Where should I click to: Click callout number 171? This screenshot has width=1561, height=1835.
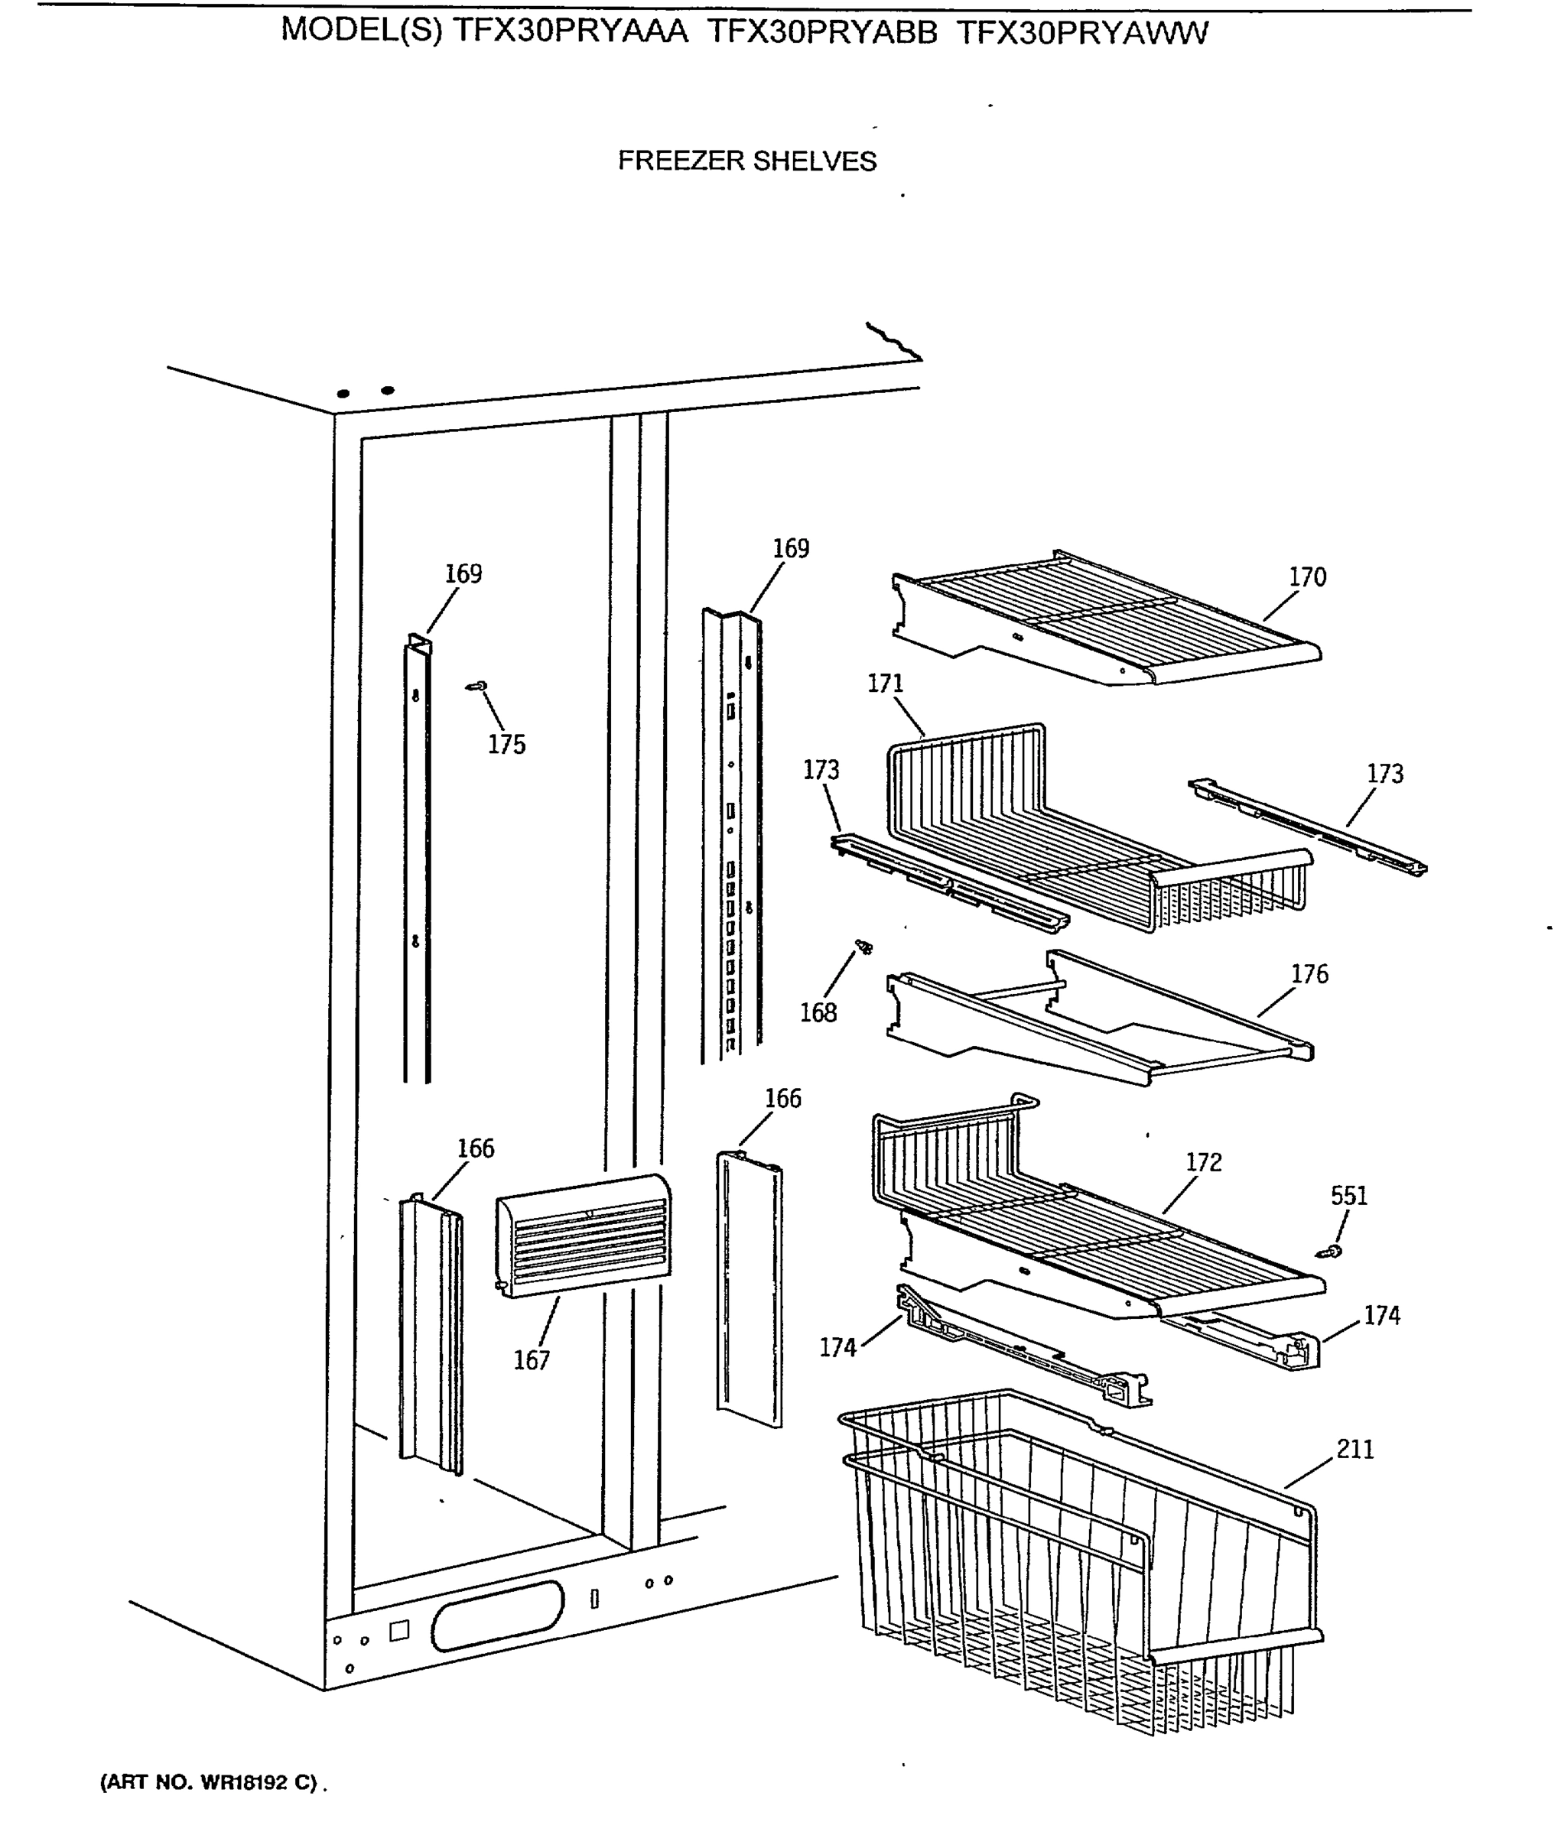click(885, 684)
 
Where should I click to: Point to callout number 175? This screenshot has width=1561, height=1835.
click(506, 745)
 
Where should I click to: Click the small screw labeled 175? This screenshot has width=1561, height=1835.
click(478, 686)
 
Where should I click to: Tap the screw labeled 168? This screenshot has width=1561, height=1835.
click(863, 947)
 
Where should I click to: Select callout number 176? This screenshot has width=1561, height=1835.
click(1309, 974)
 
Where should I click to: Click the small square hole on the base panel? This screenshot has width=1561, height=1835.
click(399, 1631)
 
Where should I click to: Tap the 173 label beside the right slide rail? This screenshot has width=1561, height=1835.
click(1385, 775)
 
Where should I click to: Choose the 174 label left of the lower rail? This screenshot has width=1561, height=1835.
click(837, 1347)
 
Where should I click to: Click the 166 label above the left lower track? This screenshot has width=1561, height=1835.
click(475, 1148)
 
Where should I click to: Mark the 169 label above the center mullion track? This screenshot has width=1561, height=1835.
click(790, 548)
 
